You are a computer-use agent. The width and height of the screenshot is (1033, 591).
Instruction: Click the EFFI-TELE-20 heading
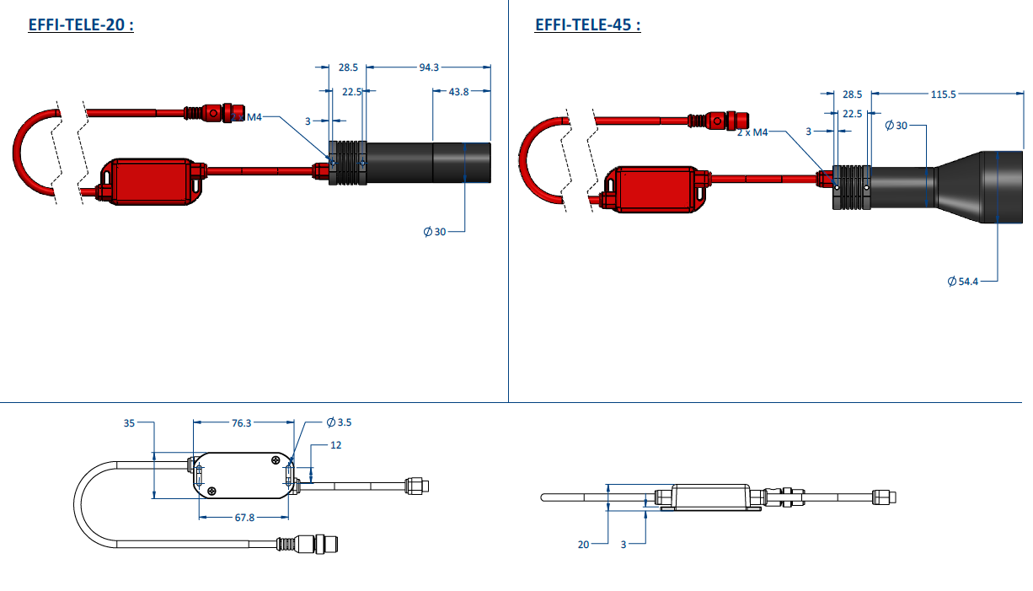(81, 24)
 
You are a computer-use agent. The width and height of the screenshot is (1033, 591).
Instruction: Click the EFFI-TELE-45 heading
(587, 24)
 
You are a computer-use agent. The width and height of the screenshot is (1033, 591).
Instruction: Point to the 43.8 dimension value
(459, 92)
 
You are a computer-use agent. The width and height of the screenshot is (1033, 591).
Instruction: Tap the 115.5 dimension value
(944, 94)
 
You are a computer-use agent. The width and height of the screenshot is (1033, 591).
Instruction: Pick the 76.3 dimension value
(241, 422)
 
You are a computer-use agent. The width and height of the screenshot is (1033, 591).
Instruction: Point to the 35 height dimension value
(129, 423)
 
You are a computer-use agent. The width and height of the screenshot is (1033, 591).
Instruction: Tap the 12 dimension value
(336, 445)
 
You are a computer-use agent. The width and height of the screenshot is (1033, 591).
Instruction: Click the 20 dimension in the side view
(584, 545)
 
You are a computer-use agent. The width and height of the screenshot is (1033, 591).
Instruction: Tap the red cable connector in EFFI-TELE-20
(215, 113)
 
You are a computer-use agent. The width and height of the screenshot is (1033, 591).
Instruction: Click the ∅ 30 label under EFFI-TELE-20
(435, 231)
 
